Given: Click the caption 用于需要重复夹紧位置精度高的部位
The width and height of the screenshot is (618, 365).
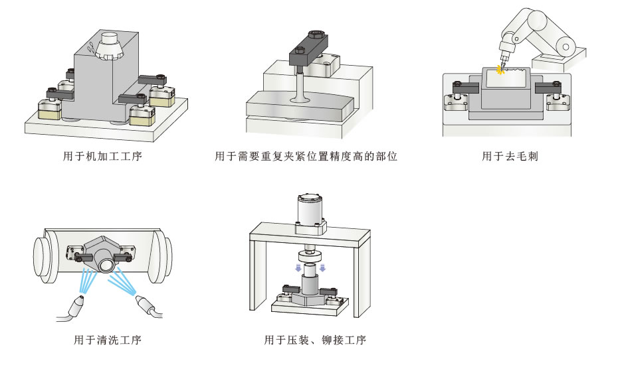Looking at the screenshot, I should tap(306, 157).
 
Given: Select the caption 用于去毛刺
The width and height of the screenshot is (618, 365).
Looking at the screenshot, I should tap(509, 157).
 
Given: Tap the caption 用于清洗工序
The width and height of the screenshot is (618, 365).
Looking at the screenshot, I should tap(107, 340).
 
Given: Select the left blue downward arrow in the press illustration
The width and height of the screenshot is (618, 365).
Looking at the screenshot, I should tap(297, 267).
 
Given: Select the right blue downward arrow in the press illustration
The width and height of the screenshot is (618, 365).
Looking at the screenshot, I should tap(322, 267).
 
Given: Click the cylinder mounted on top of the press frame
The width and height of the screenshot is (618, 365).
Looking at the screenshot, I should tap(311, 211).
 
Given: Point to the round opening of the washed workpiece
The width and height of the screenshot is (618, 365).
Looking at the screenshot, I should tap(107, 265).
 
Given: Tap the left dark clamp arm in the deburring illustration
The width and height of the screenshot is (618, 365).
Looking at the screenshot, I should tap(464, 86).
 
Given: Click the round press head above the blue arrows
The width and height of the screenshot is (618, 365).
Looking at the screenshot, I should tap(310, 255).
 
